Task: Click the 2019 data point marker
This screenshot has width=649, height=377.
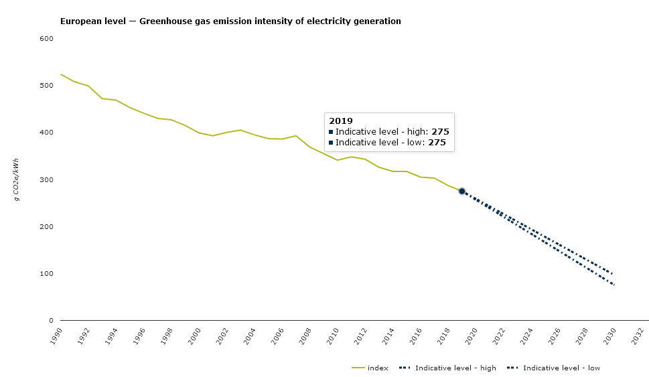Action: [x=461, y=192]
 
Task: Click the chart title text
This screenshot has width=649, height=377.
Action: [x=230, y=21]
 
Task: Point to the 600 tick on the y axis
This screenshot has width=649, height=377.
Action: [x=47, y=39]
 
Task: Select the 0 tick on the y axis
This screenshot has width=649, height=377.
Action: [x=51, y=321]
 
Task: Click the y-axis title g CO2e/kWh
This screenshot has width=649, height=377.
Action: [x=16, y=180]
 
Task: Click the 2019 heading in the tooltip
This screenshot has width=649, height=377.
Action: [x=341, y=121]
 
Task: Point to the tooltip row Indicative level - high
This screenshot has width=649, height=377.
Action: [x=388, y=132]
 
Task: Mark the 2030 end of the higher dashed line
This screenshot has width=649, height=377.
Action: [x=613, y=273]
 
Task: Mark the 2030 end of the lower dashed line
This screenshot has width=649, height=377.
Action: [x=614, y=285]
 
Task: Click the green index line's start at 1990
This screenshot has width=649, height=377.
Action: [x=61, y=74]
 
